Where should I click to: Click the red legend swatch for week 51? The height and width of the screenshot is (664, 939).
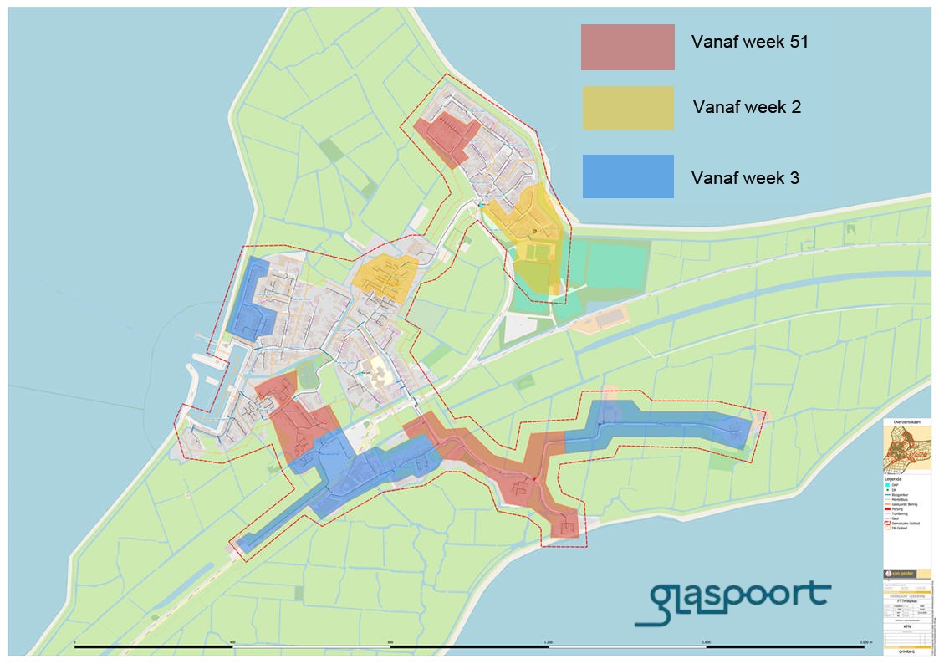click(x=627, y=47)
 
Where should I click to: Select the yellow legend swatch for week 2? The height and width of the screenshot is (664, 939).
click(x=627, y=109)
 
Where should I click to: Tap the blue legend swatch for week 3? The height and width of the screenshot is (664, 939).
click(x=627, y=176)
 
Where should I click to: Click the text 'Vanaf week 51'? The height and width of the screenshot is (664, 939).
click(x=749, y=42)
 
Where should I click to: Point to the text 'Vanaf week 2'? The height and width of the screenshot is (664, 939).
click(x=747, y=108)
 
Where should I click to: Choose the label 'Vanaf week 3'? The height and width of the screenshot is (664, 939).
click(x=744, y=178)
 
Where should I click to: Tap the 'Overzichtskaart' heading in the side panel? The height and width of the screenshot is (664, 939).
click(x=907, y=425)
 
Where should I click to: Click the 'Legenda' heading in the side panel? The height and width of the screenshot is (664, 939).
click(x=893, y=479)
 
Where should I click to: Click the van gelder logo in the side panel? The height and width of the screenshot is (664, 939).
click(x=900, y=574)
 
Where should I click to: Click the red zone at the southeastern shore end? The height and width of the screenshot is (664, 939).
click(x=565, y=523)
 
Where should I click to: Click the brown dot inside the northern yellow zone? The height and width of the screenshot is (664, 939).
click(x=533, y=232)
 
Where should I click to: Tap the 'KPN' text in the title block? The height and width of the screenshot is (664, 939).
click(x=907, y=625)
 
